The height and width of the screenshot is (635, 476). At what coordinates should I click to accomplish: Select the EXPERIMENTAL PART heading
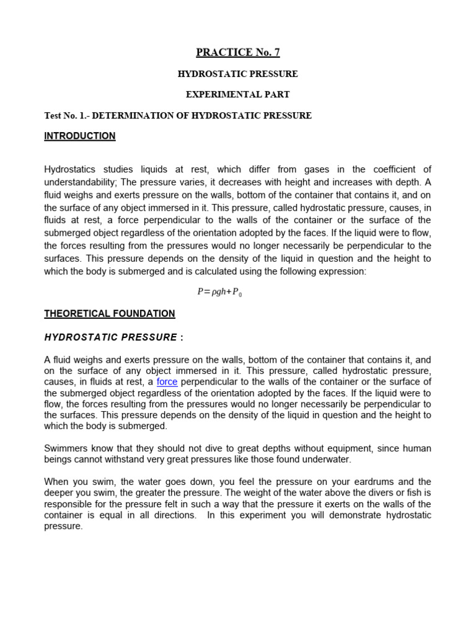[x=238, y=95]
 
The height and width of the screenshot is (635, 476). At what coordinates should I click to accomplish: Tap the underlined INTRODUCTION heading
[x=79, y=136]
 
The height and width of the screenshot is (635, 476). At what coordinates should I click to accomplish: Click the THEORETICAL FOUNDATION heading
[x=110, y=314]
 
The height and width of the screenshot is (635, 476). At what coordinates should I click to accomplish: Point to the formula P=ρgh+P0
[x=219, y=292]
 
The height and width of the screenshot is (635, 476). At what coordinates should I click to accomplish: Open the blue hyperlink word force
[x=167, y=382]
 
